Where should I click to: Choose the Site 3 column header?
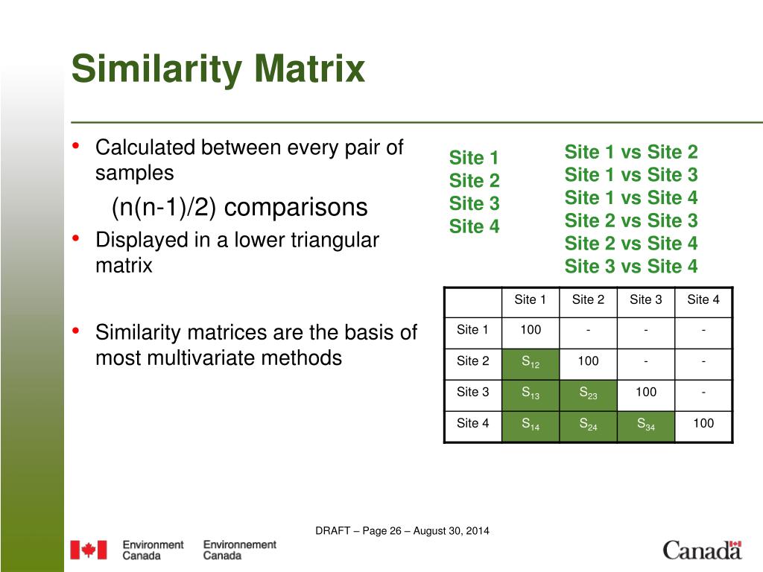tap(646, 299)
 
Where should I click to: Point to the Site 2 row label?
tap(472, 361)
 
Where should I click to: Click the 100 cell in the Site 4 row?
tap(703, 423)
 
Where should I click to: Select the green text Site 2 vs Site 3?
tap(631, 220)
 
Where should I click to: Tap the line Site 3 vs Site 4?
tap(631, 267)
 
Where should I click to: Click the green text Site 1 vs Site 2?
tap(631, 152)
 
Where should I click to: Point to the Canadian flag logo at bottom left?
tap(89, 550)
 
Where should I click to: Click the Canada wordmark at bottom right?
tap(702, 550)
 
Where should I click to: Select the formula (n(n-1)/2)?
tap(163, 207)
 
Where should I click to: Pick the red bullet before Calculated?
tap(75, 145)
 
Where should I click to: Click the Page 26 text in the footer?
tap(382, 530)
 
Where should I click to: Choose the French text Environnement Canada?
tap(239, 550)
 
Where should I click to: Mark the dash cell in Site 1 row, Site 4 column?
tap(703, 331)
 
